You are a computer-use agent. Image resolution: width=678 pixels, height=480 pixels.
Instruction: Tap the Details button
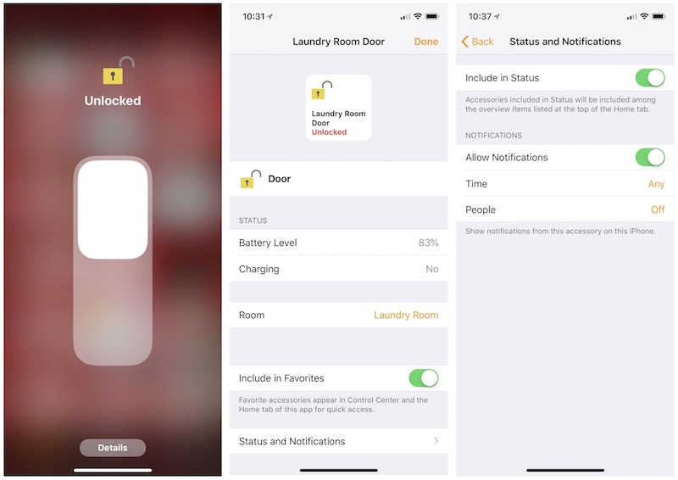click(113, 448)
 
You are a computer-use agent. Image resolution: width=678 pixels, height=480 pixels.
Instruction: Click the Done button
click(426, 42)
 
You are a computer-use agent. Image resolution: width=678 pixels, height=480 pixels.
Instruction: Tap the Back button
click(477, 42)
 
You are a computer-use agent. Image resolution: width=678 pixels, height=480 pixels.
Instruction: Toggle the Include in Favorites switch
click(423, 378)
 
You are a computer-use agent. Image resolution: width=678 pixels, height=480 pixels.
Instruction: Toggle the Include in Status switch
click(650, 78)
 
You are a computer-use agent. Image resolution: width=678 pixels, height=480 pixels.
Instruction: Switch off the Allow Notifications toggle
click(650, 157)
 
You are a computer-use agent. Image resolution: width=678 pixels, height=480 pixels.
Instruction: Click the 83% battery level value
click(428, 243)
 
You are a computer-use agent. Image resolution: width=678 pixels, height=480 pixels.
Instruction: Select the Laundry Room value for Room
click(406, 315)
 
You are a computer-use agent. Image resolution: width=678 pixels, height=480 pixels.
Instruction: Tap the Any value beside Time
click(656, 184)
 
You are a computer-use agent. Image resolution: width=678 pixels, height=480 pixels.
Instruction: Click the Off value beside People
click(658, 209)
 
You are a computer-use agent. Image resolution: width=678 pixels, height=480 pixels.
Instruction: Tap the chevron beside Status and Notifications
click(436, 441)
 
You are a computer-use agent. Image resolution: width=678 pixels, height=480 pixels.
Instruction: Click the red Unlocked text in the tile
click(329, 132)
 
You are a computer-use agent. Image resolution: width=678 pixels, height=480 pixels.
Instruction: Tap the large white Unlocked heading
click(113, 100)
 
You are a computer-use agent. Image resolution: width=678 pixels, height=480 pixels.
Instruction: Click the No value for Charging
click(432, 269)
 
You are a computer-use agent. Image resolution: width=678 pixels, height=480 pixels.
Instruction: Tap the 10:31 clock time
click(253, 16)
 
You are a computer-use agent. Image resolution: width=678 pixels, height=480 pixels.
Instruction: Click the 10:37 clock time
click(480, 16)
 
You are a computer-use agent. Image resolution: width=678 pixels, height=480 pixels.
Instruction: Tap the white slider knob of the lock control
click(113, 209)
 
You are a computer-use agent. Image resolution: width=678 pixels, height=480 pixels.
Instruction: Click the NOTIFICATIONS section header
click(493, 136)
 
